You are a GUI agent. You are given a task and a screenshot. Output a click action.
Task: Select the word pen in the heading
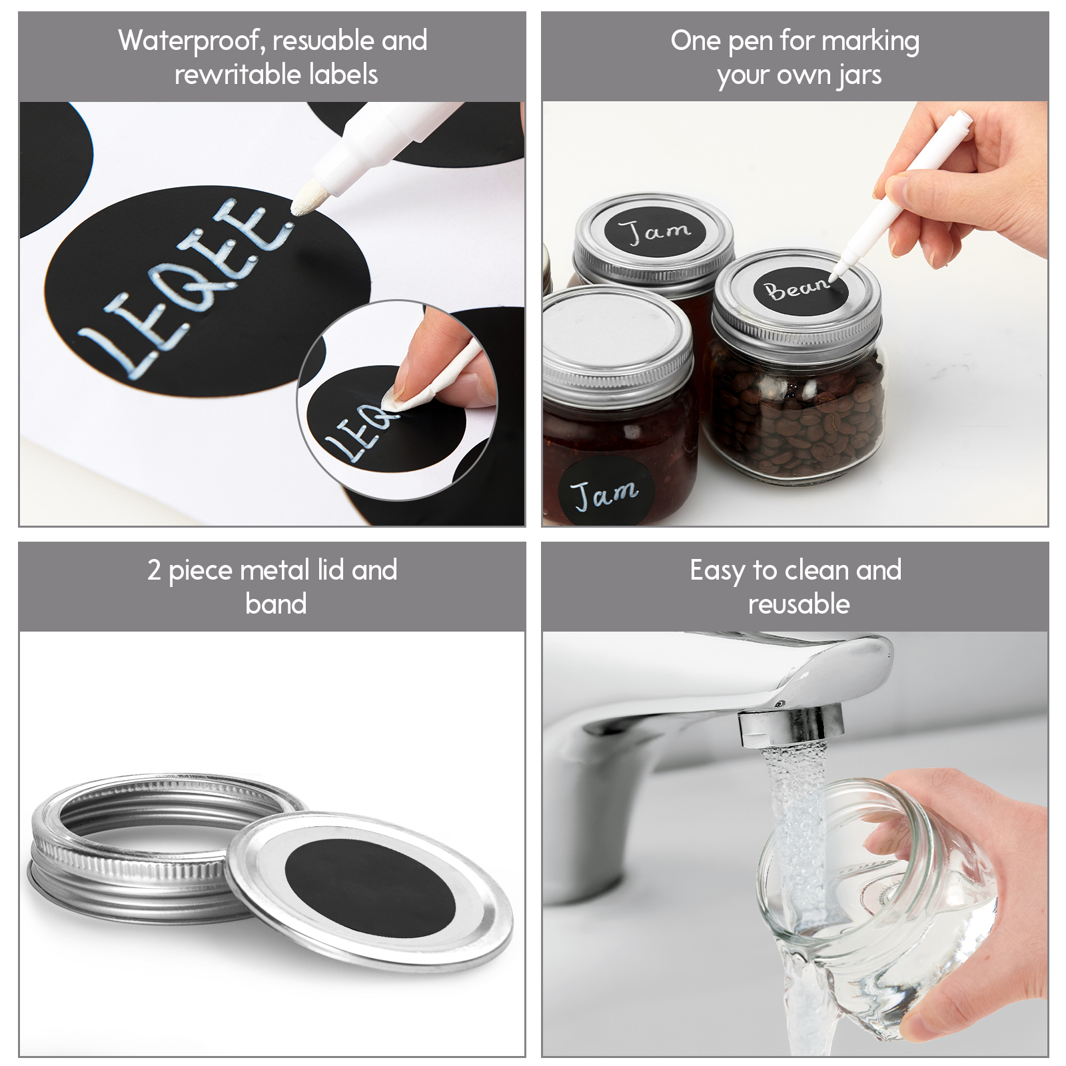pos(750,43)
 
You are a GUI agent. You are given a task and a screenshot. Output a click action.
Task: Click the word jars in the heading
pos(860,76)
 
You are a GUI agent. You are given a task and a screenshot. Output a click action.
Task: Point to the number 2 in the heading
pos(154,570)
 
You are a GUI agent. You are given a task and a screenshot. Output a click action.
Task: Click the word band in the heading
pos(276,604)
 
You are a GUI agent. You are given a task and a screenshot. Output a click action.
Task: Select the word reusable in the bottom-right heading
pos(799,604)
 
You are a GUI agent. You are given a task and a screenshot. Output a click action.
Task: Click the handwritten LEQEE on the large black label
pos(187,288)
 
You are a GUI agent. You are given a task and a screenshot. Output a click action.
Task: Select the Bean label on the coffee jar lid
pos(799,290)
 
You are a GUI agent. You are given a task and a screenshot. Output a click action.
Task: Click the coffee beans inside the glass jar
pos(796,416)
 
